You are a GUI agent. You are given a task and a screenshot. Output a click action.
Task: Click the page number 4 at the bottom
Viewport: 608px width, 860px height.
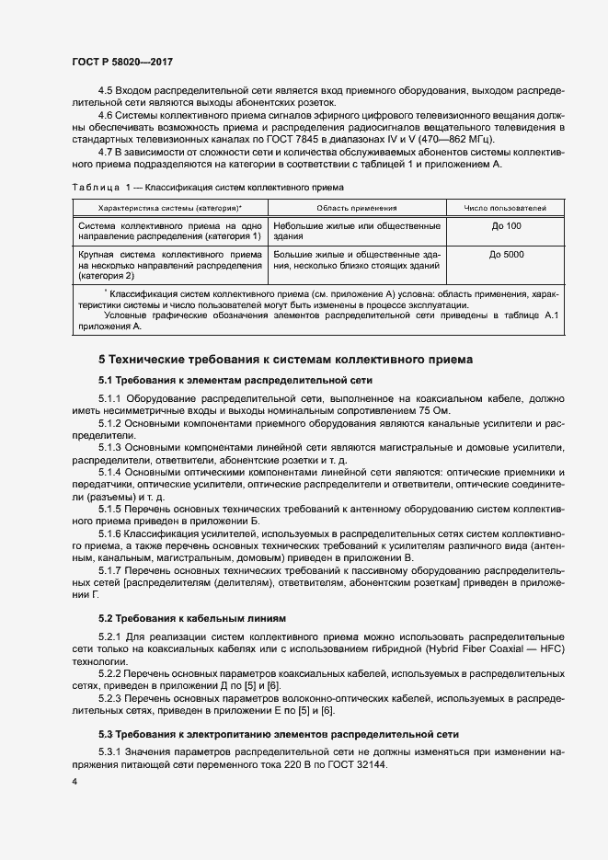pos(74,781)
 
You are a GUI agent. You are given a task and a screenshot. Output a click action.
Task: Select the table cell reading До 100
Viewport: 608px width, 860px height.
pos(506,226)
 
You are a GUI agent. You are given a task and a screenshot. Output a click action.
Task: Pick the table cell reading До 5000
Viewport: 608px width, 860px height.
pos(507,254)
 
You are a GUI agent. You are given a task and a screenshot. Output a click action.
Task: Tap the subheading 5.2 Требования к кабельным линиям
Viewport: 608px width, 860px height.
pos(192,617)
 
